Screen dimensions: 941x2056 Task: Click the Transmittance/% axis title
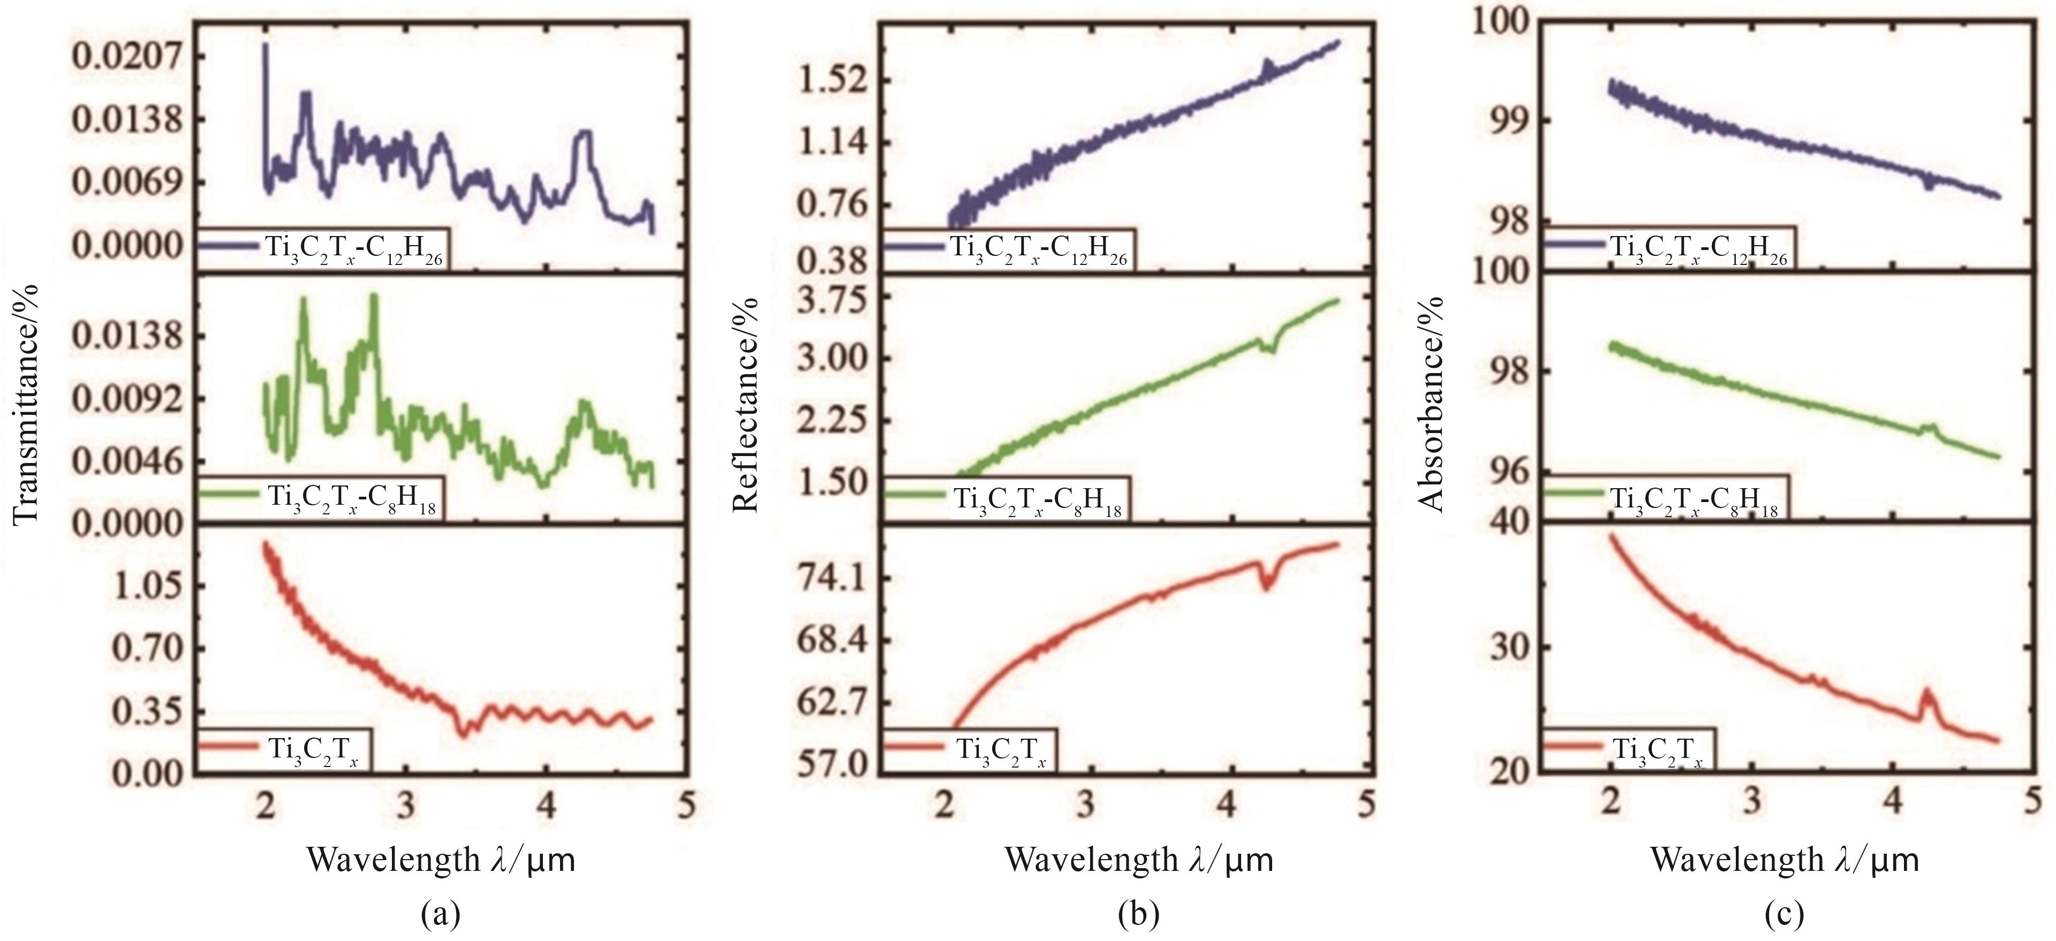[26, 403]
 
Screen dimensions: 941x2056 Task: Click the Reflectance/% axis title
[745, 403]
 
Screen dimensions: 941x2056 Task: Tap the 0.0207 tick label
[128, 57]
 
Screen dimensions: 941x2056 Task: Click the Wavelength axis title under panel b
[1138, 860]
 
